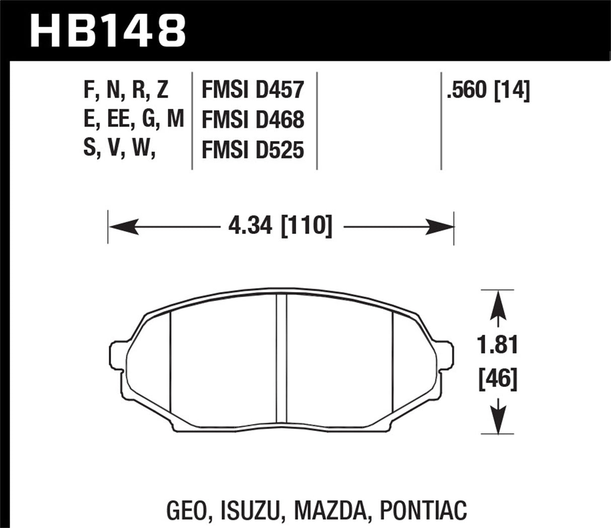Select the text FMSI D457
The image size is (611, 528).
pos(253,90)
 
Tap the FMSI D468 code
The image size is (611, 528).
pos(253,120)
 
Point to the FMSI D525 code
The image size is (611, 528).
pos(253,150)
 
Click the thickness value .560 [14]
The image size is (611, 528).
pos(488,91)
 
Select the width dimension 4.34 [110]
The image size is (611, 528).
pos(280,227)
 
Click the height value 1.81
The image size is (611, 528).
pos(498,346)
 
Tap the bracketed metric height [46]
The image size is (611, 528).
pos(498,379)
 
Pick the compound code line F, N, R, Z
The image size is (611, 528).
pos(126,90)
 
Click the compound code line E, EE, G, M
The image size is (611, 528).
pos(133,120)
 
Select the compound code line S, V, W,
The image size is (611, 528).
pos(119,149)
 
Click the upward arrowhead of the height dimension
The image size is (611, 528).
pos(498,305)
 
